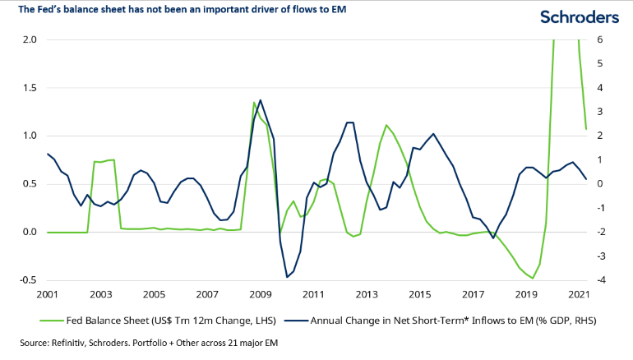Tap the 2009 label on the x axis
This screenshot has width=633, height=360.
coord(261,293)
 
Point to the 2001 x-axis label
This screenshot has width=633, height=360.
coord(48,293)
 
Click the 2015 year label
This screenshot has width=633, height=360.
coord(421,293)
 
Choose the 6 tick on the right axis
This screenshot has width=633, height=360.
coord(601,39)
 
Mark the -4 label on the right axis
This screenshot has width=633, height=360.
coord(603,280)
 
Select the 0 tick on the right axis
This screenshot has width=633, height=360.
coord(601,184)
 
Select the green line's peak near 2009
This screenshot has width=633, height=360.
coord(254,103)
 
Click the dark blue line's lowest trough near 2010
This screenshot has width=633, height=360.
coord(287,277)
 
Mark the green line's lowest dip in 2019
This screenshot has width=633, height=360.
coord(533,279)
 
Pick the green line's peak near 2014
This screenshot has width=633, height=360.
coord(386,125)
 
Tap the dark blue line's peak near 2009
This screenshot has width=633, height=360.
coord(261,100)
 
